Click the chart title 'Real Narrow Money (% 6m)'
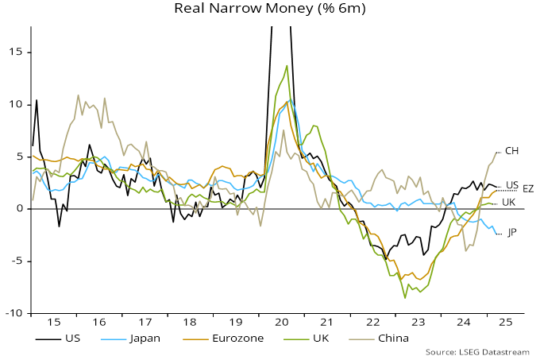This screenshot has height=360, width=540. coord(268,10)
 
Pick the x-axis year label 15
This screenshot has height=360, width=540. coord(54,323)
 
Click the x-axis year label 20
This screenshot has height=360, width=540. coord(280,323)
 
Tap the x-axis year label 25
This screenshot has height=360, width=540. coord(507,323)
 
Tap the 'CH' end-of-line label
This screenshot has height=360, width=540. coord(512,150)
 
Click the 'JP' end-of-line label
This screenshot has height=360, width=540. coord(512,233)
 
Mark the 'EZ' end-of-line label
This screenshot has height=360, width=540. coord(528,189)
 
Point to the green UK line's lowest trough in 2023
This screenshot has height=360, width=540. coord(405,298)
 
